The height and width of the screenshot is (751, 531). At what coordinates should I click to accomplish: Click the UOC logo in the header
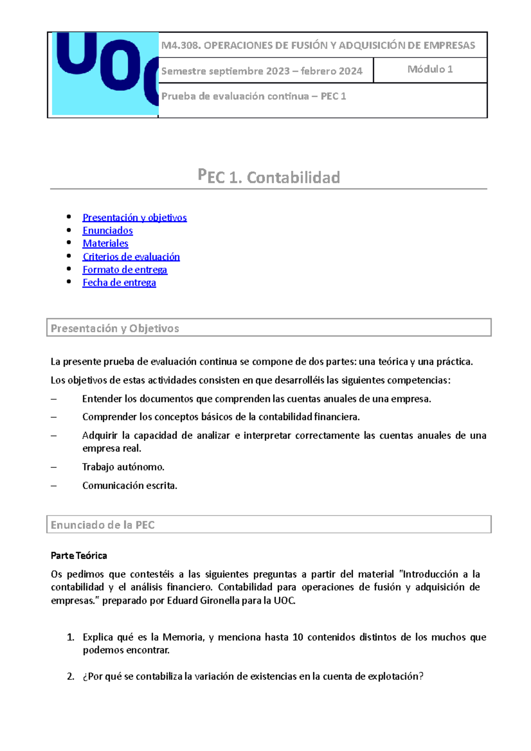coord(105,73)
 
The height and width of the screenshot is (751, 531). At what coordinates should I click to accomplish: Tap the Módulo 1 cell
coord(430,69)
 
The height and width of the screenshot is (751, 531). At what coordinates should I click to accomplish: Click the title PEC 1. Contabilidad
coord(269,177)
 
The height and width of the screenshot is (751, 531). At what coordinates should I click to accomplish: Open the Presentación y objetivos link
coord(135,218)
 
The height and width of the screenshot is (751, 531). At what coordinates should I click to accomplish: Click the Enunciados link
coord(108,230)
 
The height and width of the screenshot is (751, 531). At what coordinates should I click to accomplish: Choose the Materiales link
coord(105,243)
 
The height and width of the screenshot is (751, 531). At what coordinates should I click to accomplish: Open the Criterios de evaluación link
coord(131,257)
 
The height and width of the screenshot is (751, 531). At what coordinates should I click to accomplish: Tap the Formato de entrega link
coord(125,269)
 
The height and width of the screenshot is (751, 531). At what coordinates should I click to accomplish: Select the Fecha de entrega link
coord(119,283)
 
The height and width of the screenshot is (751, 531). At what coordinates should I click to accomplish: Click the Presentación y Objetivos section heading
coord(115,328)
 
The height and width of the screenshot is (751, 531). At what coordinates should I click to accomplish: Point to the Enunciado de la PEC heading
coord(103,525)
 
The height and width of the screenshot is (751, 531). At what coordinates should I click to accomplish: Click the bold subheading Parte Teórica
coord(79,556)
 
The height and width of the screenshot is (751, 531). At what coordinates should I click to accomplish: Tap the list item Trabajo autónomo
coord(123,467)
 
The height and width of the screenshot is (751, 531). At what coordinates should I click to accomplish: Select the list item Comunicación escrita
coord(130,486)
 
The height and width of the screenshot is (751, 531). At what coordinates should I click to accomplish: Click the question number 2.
coord(70,676)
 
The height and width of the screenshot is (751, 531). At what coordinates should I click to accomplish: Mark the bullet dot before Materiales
coord(69,242)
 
